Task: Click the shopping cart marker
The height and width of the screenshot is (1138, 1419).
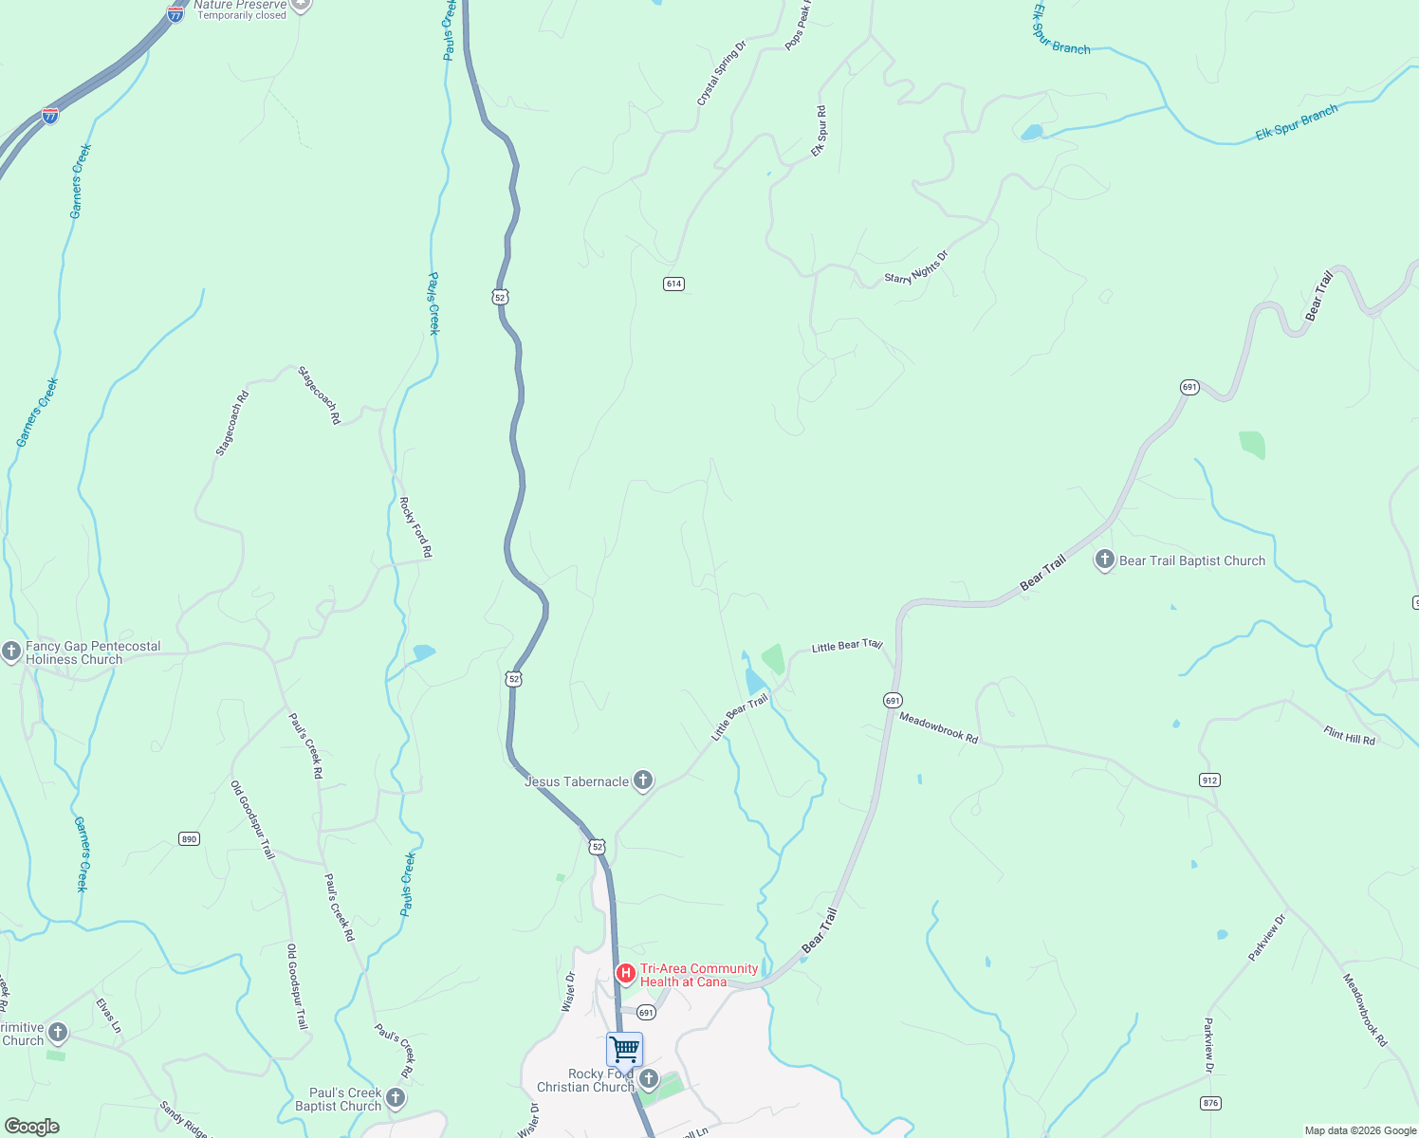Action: point(624,1050)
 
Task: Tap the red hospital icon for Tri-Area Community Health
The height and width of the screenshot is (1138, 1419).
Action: point(626,974)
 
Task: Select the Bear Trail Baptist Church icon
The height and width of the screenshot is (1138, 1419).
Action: point(1104,560)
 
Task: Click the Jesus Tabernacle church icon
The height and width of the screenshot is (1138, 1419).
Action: point(643,780)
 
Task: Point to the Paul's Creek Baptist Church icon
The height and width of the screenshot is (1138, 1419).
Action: point(396,1098)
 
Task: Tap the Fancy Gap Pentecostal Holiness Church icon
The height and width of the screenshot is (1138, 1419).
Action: point(11,652)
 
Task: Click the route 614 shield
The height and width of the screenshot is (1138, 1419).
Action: point(673,284)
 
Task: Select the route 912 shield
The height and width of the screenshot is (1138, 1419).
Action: point(1209,780)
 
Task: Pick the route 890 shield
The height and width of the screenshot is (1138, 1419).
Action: point(189,838)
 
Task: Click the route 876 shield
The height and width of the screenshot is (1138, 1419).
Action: point(1209,1103)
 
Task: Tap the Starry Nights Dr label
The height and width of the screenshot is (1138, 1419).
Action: point(916,267)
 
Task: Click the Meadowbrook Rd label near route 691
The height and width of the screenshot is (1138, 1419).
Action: point(938,727)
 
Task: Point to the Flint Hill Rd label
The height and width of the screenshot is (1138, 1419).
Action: point(1349,735)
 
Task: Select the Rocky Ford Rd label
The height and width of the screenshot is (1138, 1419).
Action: point(415,526)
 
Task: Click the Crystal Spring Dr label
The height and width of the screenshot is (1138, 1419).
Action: point(722,73)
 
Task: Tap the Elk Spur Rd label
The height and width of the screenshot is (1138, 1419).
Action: point(819,131)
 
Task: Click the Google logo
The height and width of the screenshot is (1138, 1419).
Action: point(32,1127)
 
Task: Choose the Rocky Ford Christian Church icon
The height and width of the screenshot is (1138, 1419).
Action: point(649,1079)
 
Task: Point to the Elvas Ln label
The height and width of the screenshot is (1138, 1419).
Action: point(109,1015)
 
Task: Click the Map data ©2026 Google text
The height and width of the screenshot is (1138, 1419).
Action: point(1360,1130)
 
